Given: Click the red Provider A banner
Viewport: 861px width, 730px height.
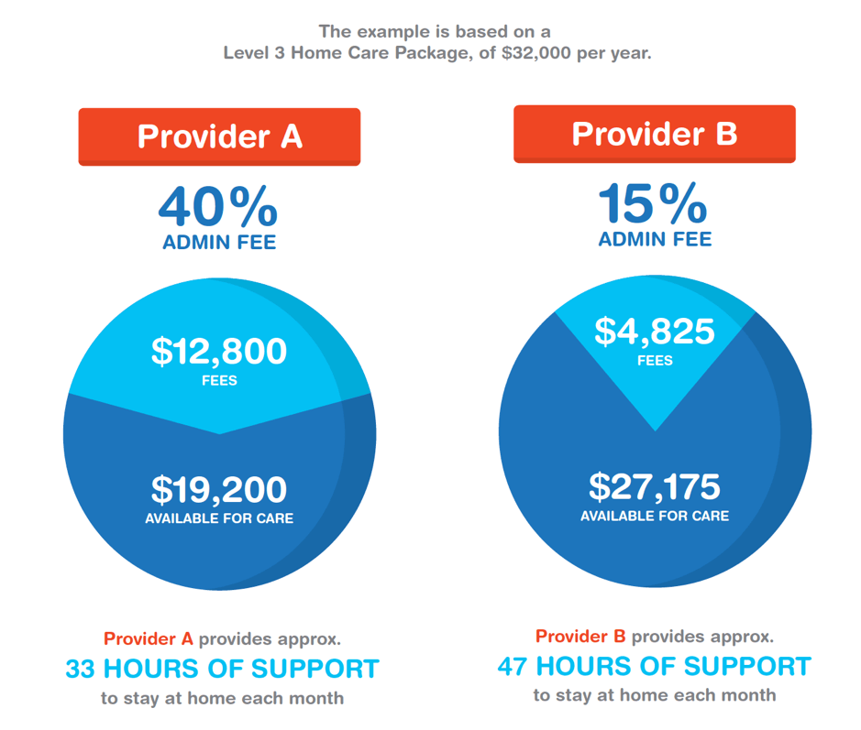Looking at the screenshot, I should (219, 136).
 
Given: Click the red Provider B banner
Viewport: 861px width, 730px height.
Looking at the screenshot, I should (654, 134).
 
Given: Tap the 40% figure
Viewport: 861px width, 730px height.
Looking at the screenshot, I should (218, 206).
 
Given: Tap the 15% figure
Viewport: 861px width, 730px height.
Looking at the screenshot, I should (653, 203).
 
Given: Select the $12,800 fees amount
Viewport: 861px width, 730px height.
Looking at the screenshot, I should (219, 352).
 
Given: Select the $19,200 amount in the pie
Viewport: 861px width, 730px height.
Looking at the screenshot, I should (219, 490).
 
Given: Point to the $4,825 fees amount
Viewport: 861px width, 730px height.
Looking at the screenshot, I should (655, 331).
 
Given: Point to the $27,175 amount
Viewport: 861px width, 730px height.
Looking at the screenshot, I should (655, 486).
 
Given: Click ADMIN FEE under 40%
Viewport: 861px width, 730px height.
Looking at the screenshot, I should (219, 243).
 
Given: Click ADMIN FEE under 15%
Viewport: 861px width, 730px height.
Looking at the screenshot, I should (655, 240).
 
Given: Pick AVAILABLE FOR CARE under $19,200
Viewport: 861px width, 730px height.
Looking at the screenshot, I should (219, 518).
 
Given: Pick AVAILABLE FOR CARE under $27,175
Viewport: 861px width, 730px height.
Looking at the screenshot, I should (655, 516).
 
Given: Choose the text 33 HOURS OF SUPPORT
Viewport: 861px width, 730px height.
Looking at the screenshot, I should (222, 669).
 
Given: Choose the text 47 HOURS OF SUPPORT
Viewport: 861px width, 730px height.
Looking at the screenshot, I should (655, 666).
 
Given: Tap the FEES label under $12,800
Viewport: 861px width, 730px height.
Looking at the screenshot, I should (219, 380).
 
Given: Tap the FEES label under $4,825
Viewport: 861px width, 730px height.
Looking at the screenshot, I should (655, 360).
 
